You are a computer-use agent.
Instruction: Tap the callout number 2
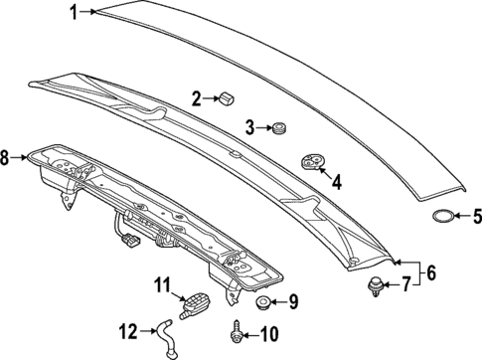tap(197, 97)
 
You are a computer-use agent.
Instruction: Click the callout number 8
tap(5, 157)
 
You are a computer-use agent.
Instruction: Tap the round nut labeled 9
tap(263, 302)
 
